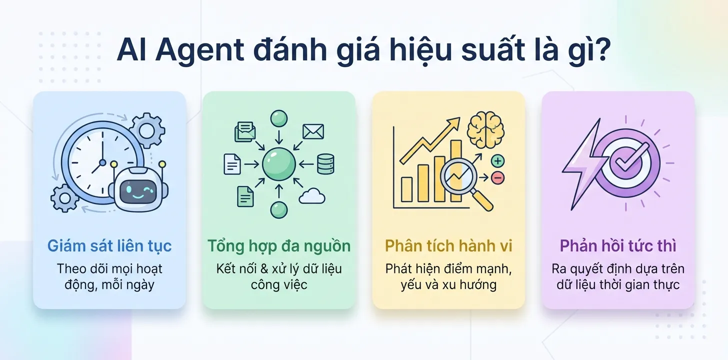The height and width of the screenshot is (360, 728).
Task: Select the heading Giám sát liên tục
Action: point(109,246)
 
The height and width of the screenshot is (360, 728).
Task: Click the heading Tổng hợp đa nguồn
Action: point(279,246)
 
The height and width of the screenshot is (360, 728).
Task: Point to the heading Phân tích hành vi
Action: point(448,246)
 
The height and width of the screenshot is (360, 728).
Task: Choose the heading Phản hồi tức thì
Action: point(618,246)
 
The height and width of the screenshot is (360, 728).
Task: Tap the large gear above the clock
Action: point(146,130)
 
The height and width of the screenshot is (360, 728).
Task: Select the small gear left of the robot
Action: point(65,197)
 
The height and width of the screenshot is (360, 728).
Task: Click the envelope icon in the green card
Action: point(313,131)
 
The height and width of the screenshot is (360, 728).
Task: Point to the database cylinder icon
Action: point(325,163)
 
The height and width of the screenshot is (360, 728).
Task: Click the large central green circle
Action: point(278,163)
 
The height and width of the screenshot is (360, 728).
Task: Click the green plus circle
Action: point(497,161)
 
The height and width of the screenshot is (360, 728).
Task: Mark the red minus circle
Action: point(497,177)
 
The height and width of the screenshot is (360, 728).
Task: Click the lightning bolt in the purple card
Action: point(581,165)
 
